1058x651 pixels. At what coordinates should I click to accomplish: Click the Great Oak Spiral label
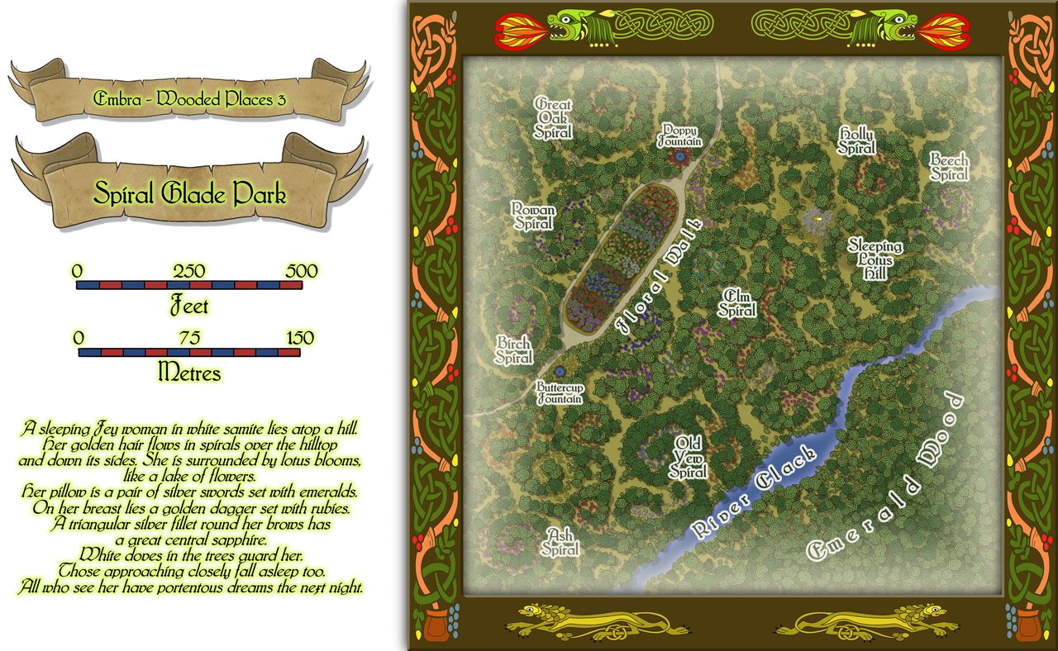click(553, 117)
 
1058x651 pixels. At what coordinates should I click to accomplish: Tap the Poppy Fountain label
click(679, 136)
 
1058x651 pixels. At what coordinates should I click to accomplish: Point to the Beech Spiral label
click(949, 167)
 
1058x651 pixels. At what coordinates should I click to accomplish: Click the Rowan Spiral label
click(533, 216)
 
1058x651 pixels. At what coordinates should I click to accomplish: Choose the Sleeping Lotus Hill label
click(875, 260)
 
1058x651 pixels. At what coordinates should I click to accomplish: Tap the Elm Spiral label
click(736, 303)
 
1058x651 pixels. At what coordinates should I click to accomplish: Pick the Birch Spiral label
click(514, 350)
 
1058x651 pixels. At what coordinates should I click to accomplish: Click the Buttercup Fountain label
click(560, 392)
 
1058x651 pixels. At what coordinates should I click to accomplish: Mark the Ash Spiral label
click(560, 542)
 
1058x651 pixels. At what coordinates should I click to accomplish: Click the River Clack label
click(752, 493)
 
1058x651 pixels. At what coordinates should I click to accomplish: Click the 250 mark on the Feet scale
click(189, 272)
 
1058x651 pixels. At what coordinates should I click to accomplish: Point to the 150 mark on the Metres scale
click(299, 338)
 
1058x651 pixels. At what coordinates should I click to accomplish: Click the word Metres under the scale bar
click(189, 373)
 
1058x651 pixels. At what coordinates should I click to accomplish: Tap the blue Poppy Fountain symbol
click(679, 154)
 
